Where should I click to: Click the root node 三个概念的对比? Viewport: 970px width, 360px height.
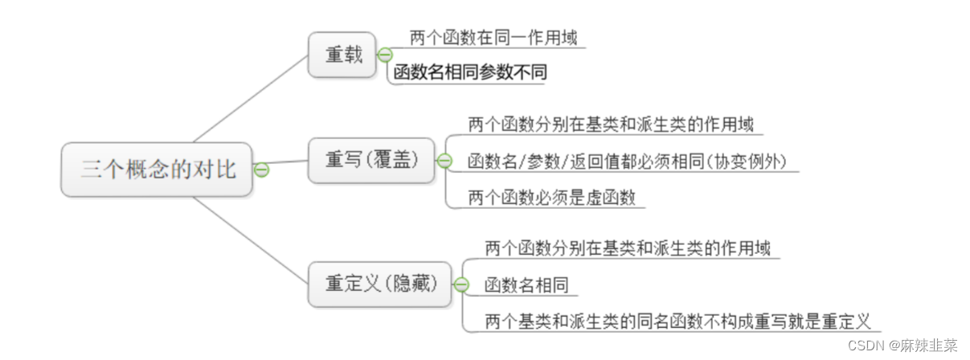coord(158,169)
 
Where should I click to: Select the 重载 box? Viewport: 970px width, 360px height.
coord(342,55)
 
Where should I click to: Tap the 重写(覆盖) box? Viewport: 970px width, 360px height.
coord(371,160)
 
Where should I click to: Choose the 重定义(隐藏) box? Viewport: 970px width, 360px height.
coord(380,284)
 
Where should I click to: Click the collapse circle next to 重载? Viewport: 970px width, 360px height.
coord(384,55)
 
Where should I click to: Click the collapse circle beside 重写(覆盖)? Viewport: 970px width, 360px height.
coord(444,161)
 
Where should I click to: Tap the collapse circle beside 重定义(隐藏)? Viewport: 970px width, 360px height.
coord(460,284)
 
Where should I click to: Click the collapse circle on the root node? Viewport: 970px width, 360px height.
coord(260,170)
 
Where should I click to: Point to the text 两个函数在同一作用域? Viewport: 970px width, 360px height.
coord(493,37)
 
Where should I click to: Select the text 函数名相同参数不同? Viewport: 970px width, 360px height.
coord(470,73)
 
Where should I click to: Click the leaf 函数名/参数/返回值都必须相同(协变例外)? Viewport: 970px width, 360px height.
coord(626,161)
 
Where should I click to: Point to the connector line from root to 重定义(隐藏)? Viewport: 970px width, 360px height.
coord(251,239)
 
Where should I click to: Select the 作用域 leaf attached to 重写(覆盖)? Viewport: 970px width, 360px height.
coord(610,125)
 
